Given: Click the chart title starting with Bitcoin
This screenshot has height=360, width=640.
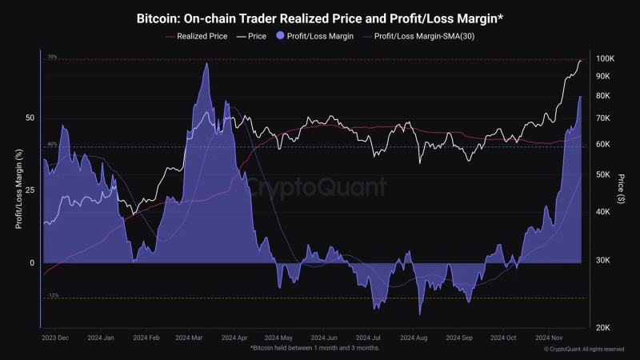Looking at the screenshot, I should (320, 16).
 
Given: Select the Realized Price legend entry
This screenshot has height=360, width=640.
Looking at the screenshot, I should (204, 36).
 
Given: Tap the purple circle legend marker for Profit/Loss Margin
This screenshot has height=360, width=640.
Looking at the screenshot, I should (279, 36).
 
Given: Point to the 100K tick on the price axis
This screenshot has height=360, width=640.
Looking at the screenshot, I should (604, 59).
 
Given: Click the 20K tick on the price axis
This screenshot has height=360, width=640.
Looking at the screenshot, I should (605, 327).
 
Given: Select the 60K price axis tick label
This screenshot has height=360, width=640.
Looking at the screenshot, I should (604, 144).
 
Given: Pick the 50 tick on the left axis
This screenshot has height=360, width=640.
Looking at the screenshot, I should (30, 118).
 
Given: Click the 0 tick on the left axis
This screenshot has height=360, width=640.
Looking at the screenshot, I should (32, 263).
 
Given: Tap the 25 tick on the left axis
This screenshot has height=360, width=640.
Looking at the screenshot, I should (30, 190).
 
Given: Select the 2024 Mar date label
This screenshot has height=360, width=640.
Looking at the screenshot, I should (190, 338).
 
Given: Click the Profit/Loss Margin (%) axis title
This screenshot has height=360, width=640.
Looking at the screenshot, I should (18, 190).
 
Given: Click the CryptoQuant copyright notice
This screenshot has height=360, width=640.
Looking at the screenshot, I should (583, 350).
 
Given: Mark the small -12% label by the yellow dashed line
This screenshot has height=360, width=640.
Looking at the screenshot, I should (53, 295).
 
